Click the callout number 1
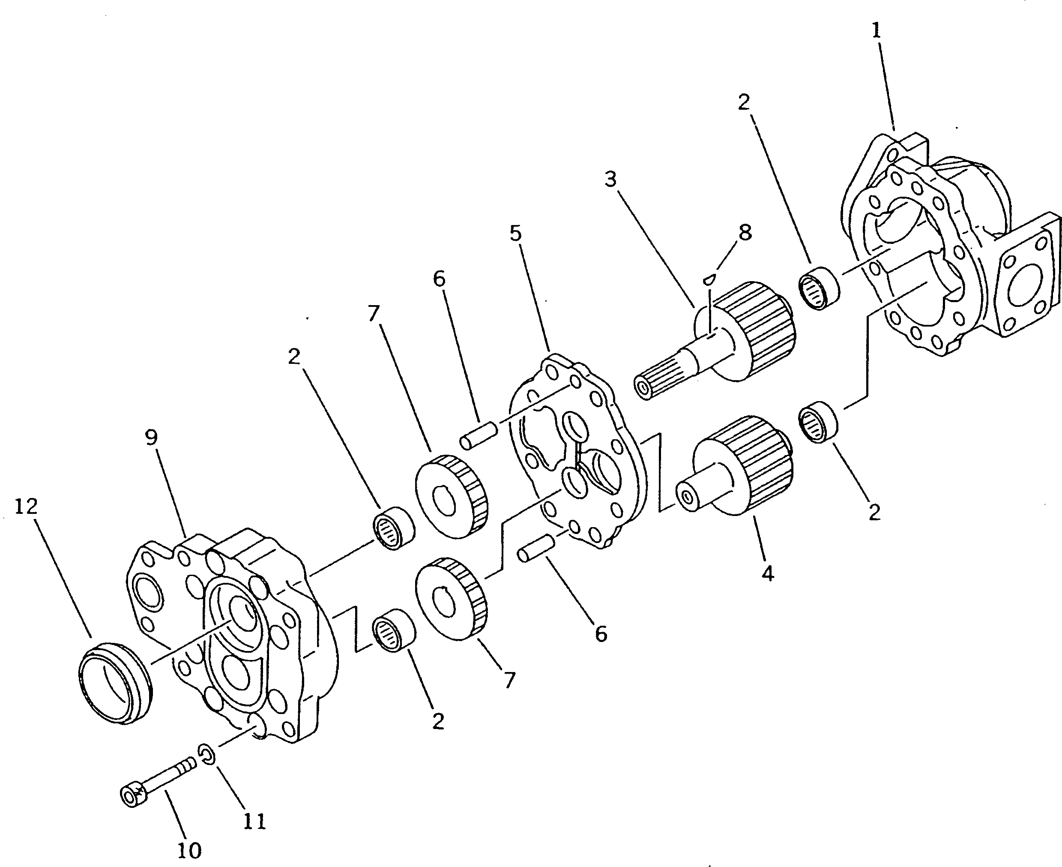pos(876,31)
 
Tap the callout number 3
pos(610,179)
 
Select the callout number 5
pos(516,233)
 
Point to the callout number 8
pos(745,232)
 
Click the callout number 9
pos(151,438)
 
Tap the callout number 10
pos(189,849)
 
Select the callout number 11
pos(254,821)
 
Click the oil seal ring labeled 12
pos(115,683)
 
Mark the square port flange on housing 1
pos(1023,290)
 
